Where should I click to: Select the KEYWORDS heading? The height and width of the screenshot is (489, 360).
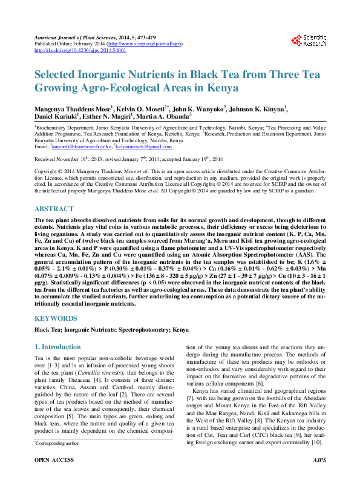tap(55, 318)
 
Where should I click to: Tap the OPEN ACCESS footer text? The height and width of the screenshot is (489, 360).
tap(54, 477)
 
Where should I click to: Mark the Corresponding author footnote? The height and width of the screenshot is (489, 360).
tap(57, 460)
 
